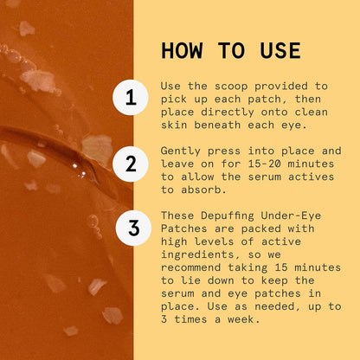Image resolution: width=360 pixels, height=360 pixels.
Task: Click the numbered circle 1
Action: (131, 98)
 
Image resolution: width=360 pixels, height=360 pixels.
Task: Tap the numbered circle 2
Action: (131, 164)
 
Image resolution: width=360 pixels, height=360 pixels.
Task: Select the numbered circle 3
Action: (132, 228)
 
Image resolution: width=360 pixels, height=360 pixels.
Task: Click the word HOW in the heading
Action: (183, 51)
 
